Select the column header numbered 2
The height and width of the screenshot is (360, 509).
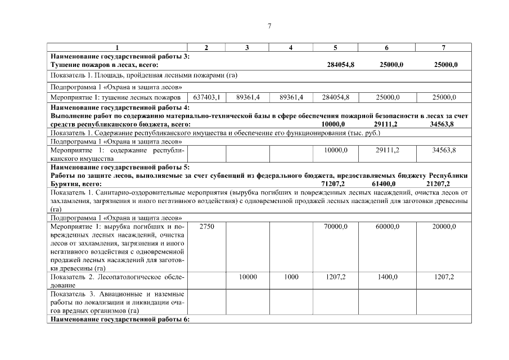(x=206, y=48)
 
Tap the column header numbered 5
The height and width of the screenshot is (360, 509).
(x=335, y=48)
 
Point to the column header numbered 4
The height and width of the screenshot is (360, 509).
(x=291, y=48)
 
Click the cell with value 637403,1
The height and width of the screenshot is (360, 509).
(x=206, y=97)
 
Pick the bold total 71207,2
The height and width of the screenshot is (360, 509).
(x=333, y=184)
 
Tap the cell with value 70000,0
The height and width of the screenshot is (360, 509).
(x=336, y=226)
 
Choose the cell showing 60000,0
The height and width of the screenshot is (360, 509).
(x=388, y=226)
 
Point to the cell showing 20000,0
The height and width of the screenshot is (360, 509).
(x=444, y=226)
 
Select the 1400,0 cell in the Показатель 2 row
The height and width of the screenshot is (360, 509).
(x=388, y=277)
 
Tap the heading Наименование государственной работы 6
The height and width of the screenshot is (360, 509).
(x=120, y=320)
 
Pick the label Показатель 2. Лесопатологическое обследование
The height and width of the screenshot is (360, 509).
(x=117, y=281)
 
